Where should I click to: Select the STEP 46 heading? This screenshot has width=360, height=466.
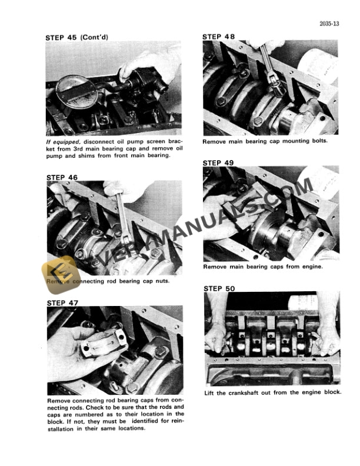pyautogui.click(x=61, y=177)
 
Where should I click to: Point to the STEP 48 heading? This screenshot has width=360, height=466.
pyautogui.click(x=218, y=36)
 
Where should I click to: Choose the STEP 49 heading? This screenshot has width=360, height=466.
pyautogui.click(x=218, y=162)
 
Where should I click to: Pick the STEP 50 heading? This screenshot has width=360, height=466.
pyautogui.click(x=218, y=288)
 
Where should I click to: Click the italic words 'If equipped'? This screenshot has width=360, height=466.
pyautogui.click(x=62, y=142)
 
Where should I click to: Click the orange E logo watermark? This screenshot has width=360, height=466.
pyautogui.click(x=59, y=271)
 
